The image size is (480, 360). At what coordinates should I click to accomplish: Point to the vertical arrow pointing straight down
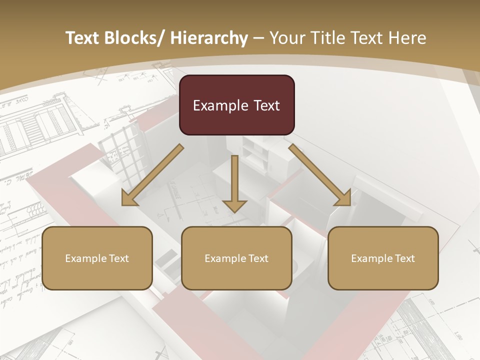tap(234, 182)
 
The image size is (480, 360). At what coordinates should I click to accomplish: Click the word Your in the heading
tap(286, 38)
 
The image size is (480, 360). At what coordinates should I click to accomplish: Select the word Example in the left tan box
tap(85, 259)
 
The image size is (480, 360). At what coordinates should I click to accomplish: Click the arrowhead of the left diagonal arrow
tap(128, 198)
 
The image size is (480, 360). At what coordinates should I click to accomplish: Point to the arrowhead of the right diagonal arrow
tap(343, 198)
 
